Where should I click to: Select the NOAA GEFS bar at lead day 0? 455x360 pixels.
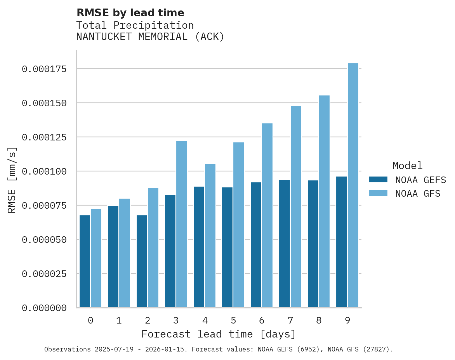(x=85, y=261)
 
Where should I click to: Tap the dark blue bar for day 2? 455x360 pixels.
(x=142, y=261)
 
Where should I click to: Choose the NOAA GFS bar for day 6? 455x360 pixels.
(x=267, y=215)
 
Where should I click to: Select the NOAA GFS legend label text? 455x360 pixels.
(x=418, y=194)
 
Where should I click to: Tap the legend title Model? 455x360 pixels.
(x=407, y=166)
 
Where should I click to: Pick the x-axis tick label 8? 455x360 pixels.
(x=318, y=320)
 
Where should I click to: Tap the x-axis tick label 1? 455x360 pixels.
(x=119, y=320)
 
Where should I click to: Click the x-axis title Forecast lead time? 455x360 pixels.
(x=218, y=334)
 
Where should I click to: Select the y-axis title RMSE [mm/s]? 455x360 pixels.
(x=12, y=180)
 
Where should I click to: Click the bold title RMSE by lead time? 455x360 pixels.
(x=130, y=13)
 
